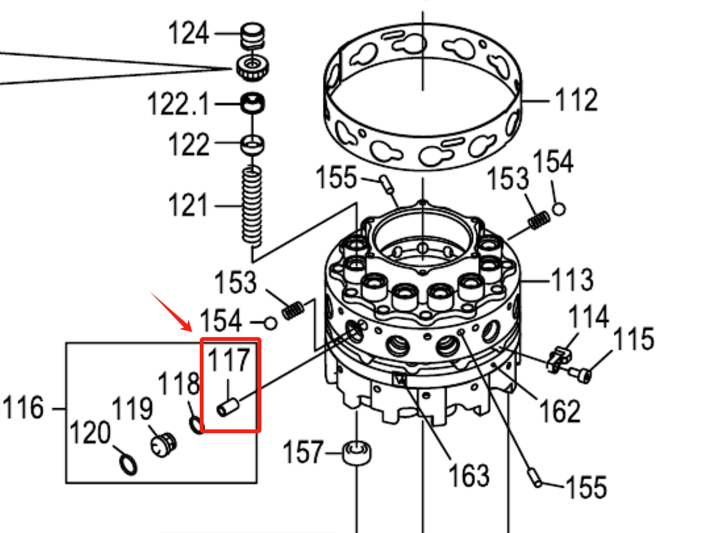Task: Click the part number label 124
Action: (x=188, y=33)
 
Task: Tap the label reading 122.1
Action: (x=178, y=104)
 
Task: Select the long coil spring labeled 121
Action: (x=252, y=205)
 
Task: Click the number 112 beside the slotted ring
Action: (x=576, y=99)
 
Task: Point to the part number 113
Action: (x=572, y=279)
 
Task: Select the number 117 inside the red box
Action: (x=229, y=360)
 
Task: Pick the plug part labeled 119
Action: (x=163, y=444)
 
